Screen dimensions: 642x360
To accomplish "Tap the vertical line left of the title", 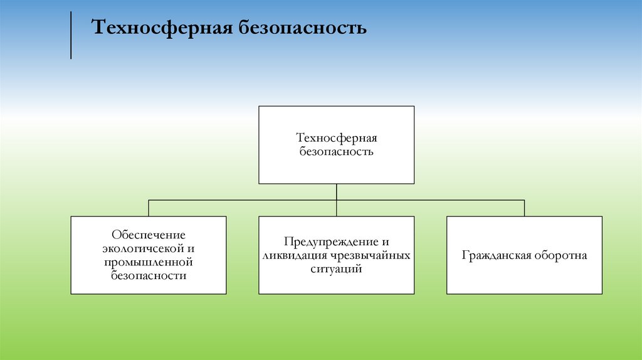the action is click(x=71, y=36).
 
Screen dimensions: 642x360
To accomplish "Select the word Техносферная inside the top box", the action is click(x=336, y=138).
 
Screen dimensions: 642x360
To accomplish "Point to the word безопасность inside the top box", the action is click(x=336, y=151).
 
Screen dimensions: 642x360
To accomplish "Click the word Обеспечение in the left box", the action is click(x=149, y=235).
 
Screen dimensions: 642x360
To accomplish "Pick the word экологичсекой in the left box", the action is click(x=144, y=248).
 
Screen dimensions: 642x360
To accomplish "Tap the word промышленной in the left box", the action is click(x=149, y=262).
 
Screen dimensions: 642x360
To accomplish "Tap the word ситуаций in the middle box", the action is click(x=337, y=268).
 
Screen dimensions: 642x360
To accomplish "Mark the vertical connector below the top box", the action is click(x=337, y=192).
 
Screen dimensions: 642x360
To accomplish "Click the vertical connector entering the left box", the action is click(x=149, y=208).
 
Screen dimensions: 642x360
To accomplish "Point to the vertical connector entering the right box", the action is click(x=525, y=208).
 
